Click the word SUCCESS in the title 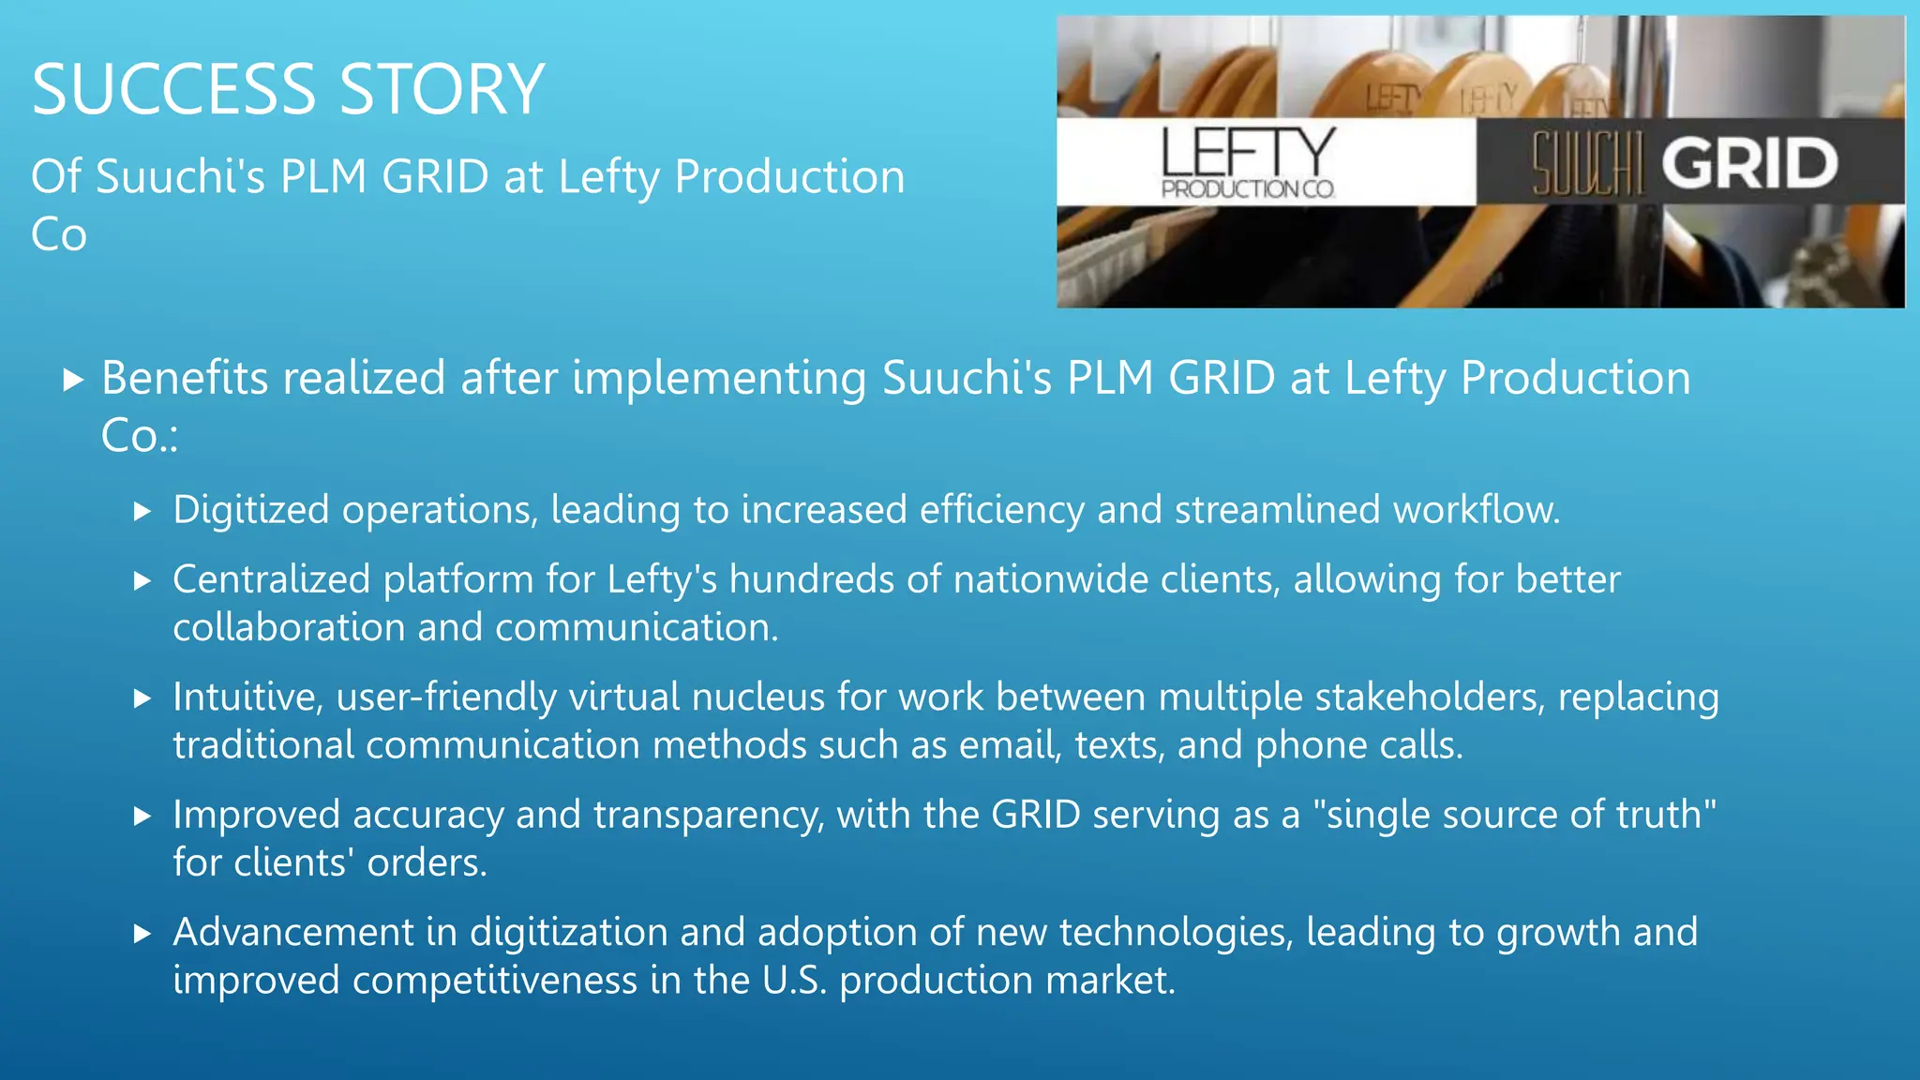173,90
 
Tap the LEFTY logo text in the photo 1247,152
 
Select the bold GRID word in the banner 1749,164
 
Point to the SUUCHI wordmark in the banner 1587,164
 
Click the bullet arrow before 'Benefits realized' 73,380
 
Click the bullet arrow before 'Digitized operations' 142,511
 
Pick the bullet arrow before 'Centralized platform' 142,581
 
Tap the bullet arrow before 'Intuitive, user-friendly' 142,698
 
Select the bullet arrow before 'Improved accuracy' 142,816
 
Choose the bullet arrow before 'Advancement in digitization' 142,934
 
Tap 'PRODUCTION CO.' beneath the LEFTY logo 1247,189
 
